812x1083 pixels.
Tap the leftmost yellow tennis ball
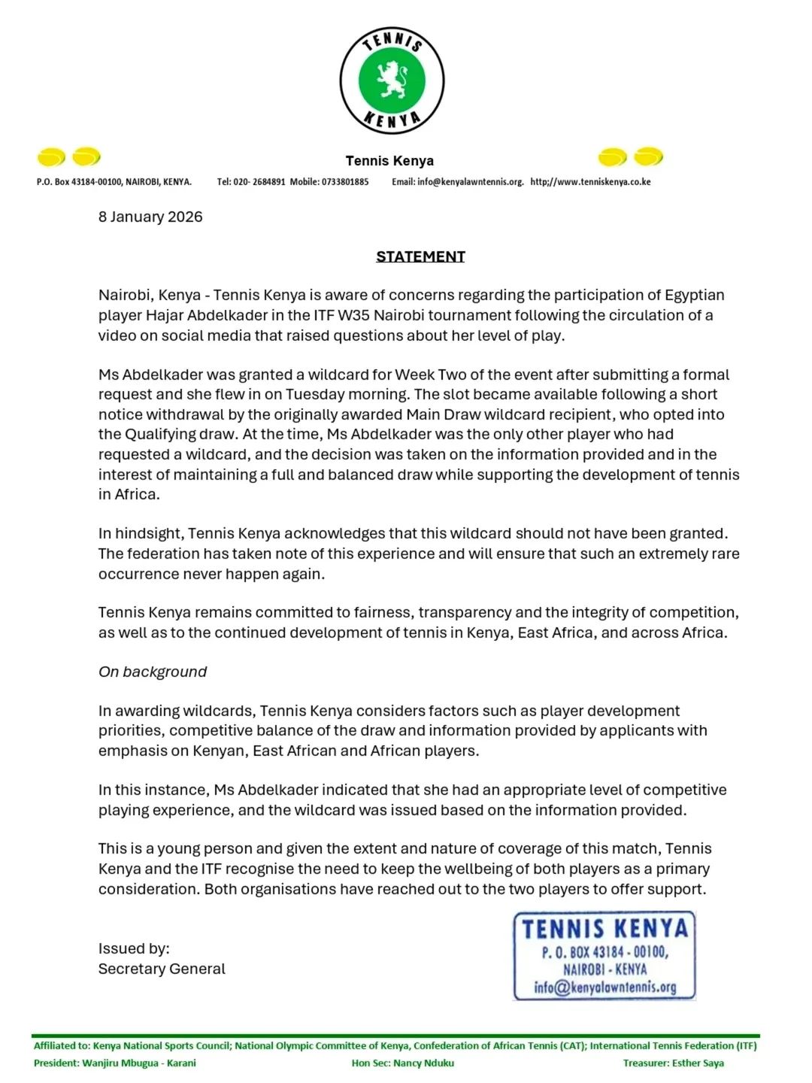(x=51, y=157)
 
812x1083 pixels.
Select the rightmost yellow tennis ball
(x=648, y=156)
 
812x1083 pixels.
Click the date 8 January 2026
(x=150, y=217)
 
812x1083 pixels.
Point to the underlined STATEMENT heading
(x=420, y=256)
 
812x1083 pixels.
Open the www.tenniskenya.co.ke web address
(x=590, y=182)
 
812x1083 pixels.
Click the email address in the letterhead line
(x=470, y=182)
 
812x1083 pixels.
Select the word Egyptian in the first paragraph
(x=694, y=295)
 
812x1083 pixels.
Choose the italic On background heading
(x=153, y=672)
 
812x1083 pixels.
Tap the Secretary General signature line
(x=162, y=969)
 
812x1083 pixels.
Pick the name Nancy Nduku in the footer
(x=423, y=1063)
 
